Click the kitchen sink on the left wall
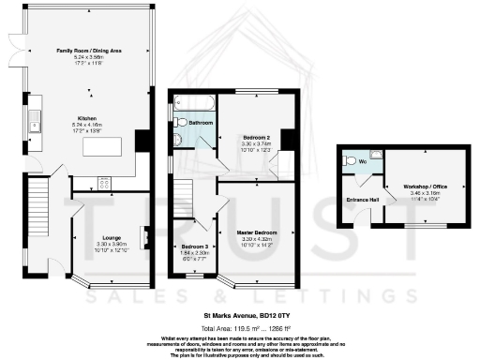pos(34,118)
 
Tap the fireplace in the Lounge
pos(144,238)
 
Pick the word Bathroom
pos(201,123)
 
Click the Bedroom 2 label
pos(248,138)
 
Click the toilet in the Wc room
pos(351,160)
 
